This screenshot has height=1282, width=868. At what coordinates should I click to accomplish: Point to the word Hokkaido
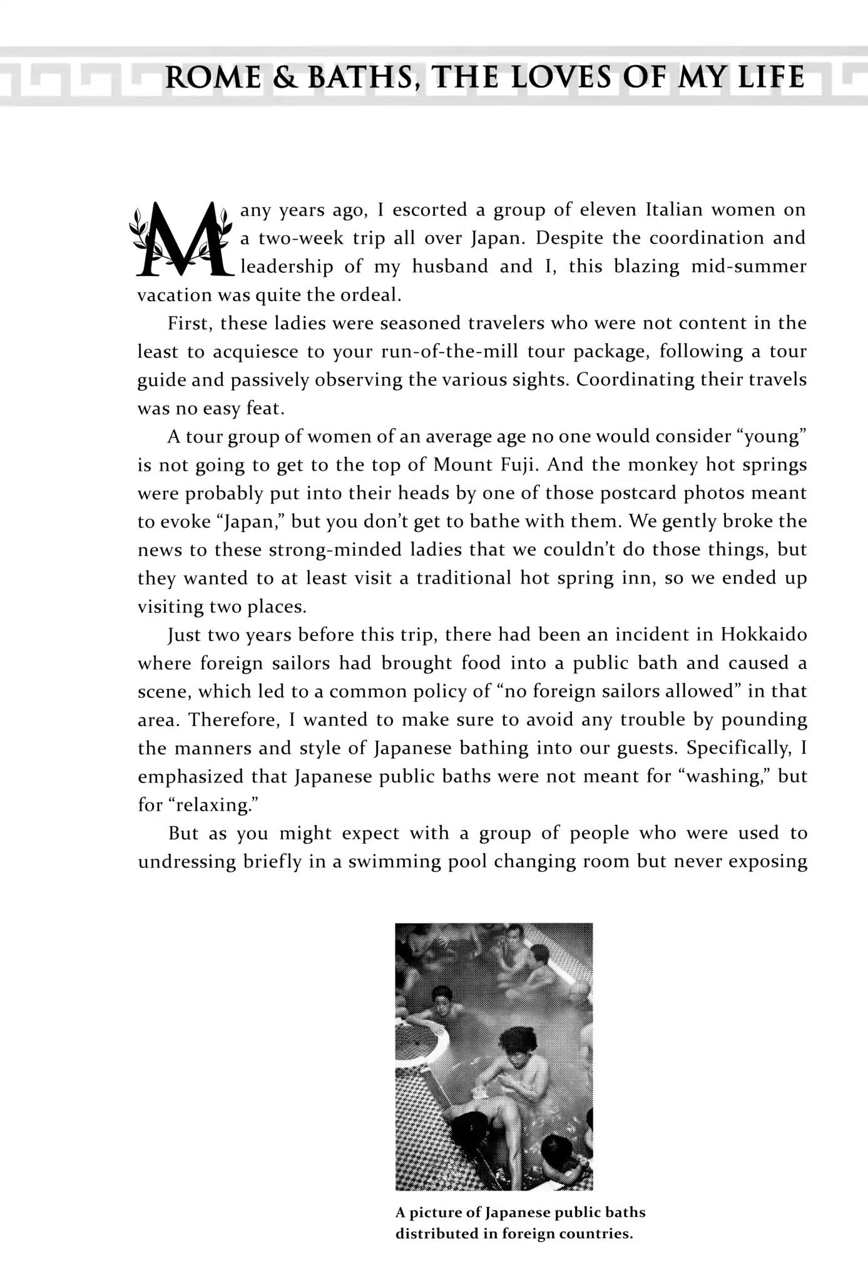pyautogui.click(x=763, y=635)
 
